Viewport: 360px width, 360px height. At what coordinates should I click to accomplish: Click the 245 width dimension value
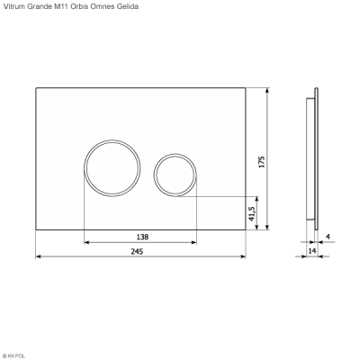137,251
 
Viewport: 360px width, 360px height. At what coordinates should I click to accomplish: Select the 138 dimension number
142,237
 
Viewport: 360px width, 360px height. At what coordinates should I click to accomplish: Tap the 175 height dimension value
262,162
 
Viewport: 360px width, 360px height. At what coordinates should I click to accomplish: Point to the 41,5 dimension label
252,214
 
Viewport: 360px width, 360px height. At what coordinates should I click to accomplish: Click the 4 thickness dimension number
328,237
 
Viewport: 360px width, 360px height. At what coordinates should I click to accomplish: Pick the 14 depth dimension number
312,250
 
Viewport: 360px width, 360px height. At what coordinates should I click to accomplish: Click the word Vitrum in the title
14,6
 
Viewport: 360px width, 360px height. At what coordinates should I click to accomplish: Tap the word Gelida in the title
129,6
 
